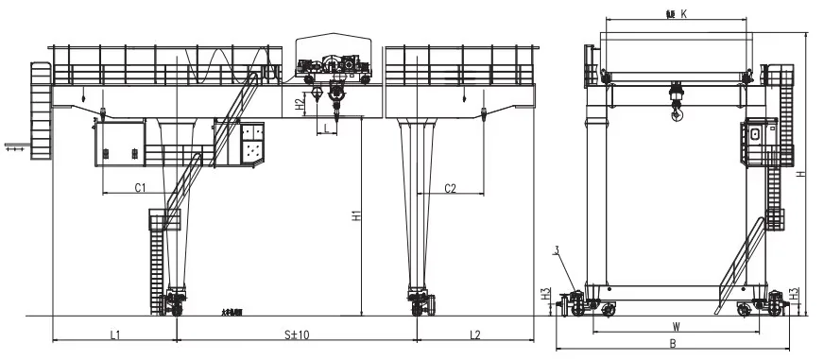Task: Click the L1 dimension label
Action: [x=114, y=334]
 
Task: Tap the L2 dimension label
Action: [x=475, y=334]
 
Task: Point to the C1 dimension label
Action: [x=139, y=188]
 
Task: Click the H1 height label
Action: [x=355, y=215]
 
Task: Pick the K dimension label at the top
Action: [x=682, y=14]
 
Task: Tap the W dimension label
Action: [x=677, y=326]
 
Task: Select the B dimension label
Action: [x=672, y=344]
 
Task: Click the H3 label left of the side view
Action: [x=546, y=295]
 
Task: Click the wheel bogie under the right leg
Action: [x=421, y=304]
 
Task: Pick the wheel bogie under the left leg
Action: [x=175, y=304]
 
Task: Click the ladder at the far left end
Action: [x=40, y=109]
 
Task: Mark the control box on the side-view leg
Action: [x=756, y=139]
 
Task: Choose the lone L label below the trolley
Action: [x=326, y=126]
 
